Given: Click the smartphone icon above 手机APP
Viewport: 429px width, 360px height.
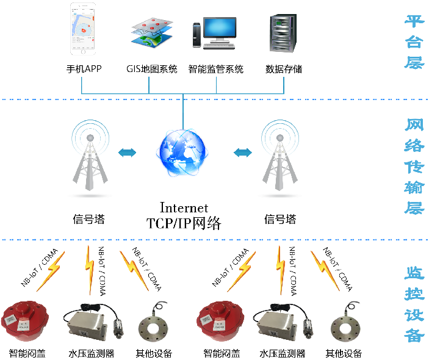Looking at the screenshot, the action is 83,29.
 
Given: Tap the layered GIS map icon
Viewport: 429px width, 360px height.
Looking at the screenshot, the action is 152,33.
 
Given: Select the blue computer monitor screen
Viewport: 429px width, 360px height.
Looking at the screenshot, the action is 220,27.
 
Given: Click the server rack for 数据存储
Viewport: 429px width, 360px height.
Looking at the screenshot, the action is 283,33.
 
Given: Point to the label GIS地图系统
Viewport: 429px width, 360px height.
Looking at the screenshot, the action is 152,69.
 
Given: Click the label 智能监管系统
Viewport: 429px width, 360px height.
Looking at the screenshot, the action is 216,69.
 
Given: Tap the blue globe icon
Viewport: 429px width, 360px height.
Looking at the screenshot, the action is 182,153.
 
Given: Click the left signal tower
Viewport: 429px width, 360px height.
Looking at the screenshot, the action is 90,155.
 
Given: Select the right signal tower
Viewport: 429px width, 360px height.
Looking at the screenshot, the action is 280,155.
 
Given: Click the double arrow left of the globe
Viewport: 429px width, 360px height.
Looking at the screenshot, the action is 127,153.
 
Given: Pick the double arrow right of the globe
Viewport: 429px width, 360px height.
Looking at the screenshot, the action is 243,153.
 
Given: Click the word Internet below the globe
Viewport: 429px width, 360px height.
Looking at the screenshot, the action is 184,207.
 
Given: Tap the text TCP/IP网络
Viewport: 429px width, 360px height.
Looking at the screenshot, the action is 184,223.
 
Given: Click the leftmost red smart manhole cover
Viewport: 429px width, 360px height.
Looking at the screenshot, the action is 25,320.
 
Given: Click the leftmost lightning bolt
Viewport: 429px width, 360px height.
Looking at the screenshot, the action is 51,271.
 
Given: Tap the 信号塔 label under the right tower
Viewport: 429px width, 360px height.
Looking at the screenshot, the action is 280,219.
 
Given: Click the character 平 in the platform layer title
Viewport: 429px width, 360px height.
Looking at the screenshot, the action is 414,21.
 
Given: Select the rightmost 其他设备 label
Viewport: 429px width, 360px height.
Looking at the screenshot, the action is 344,353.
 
